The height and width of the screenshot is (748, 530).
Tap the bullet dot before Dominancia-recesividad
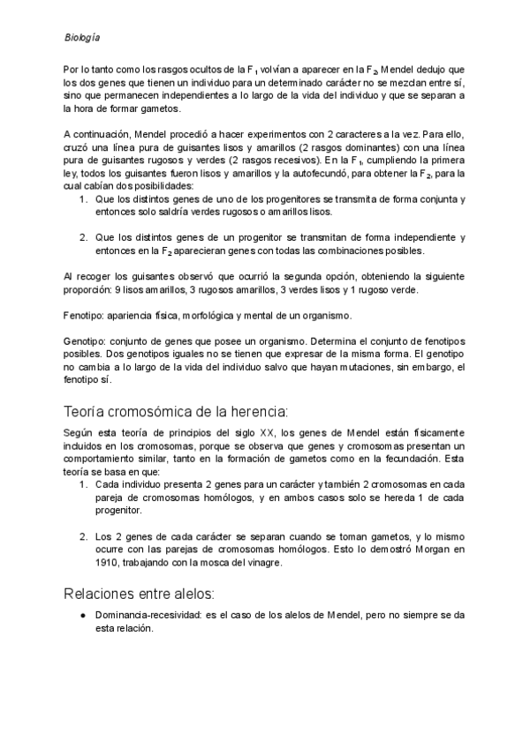pos(81,615)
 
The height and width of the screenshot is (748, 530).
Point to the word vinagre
pos(263,565)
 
